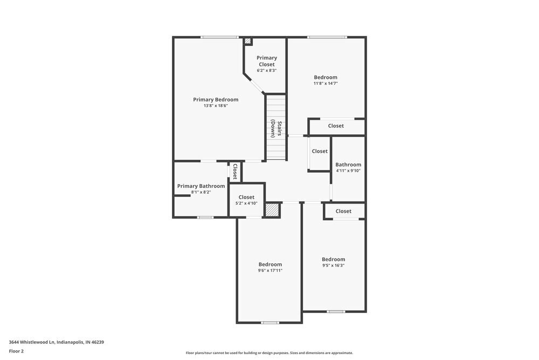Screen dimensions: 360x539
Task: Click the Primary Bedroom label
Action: (216, 99)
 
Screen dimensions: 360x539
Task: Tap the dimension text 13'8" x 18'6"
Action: (216, 106)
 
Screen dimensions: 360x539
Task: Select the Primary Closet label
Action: (266, 61)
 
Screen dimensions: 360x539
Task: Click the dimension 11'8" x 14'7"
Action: (326, 83)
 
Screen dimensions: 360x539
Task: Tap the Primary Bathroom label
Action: (201, 186)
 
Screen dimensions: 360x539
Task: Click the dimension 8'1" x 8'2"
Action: (201, 192)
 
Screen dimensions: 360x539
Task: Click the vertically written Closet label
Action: (235, 171)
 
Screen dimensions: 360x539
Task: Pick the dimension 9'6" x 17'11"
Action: (269, 270)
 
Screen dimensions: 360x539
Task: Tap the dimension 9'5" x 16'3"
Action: (333, 265)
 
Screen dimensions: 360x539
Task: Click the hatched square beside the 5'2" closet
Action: (273, 210)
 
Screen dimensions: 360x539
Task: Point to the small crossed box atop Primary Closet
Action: (248, 41)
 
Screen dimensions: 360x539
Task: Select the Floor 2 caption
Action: (16, 351)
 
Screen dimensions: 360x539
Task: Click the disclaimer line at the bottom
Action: (269, 353)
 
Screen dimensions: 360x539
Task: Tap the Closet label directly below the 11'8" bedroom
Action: (336, 126)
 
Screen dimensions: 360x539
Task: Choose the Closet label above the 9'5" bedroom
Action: (343, 211)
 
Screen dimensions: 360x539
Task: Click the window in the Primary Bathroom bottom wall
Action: (205, 218)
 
